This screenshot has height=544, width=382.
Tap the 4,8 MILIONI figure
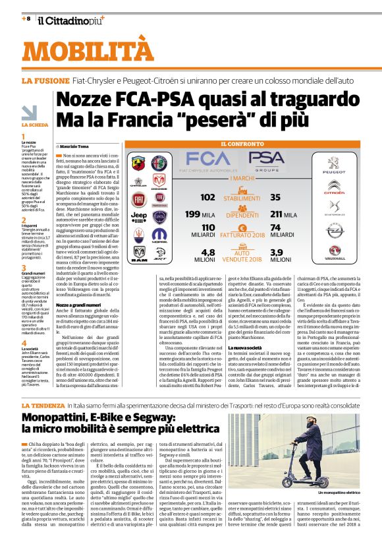tap(207, 255)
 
